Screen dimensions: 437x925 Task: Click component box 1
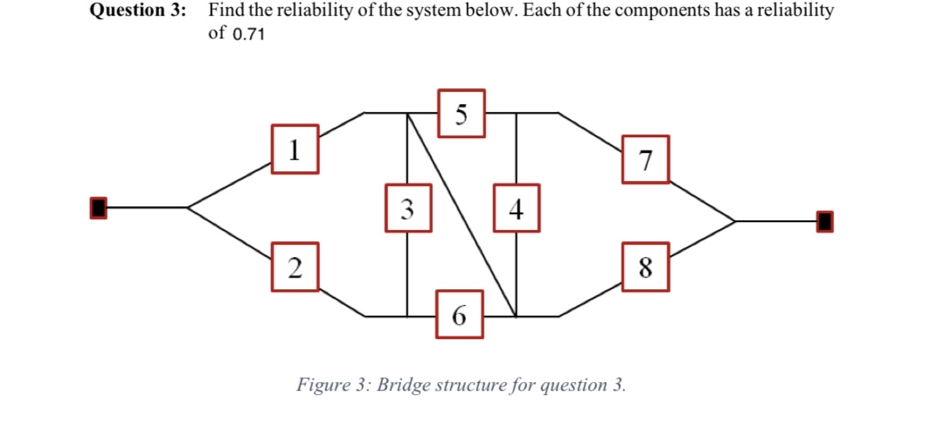(294, 149)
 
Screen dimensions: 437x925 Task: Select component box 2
(294, 267)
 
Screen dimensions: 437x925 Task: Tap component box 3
(407, 207)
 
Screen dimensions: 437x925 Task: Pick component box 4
(517, 207)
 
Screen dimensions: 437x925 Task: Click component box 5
(462, 112)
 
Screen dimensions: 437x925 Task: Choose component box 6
(461, 315)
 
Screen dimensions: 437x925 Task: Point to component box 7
(646, 159)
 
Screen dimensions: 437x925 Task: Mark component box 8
(646, 267)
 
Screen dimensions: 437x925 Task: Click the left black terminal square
(99, 207)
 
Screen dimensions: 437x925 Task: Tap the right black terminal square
(824, 221)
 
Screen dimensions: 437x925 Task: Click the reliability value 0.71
(248, 34)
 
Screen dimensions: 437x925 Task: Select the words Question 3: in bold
(138, 10)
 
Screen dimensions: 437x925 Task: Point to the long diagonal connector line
(461, 214)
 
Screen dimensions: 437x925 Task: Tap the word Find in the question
(225, 10)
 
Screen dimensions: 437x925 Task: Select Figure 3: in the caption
(330, 385)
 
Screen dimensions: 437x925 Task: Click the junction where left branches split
(188, 207)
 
